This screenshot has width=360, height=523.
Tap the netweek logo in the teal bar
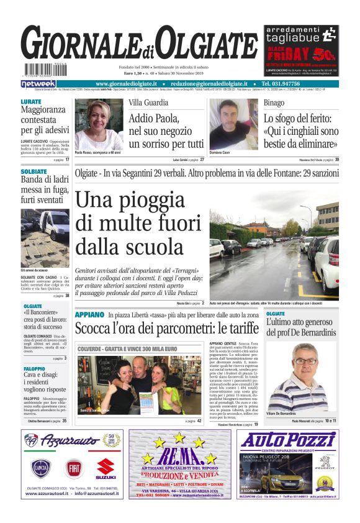tap(38, 84)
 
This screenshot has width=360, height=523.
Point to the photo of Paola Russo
tap(99, 124)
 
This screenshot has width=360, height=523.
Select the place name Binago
tap(274, 102)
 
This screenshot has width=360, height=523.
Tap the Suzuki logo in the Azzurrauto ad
tap(106, 468)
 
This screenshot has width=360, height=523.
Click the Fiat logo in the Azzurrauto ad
tap(74, 466)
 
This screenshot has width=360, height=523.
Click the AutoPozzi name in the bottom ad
tap(287, 439)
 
